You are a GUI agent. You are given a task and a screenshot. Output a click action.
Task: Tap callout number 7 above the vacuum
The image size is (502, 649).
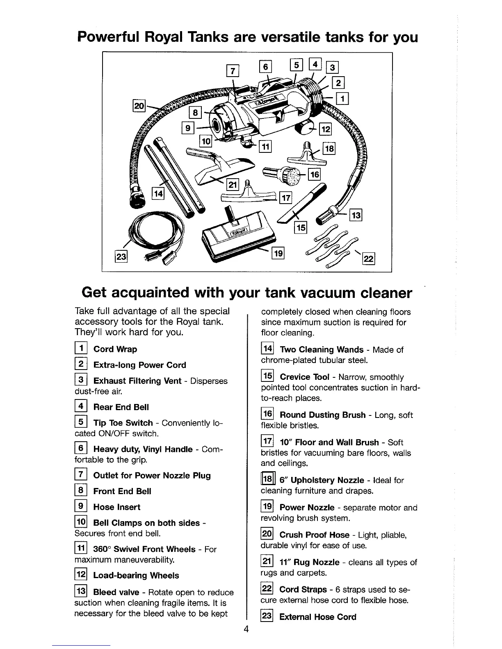click(x=233, y=71)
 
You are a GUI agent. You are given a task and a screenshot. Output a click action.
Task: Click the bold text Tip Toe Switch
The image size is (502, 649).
click(x=123, y=423)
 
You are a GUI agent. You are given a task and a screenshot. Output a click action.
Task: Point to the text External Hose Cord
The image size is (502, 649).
click(x=317, y=617)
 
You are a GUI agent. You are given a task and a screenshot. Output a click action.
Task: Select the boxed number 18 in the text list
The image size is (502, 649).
click(x=267, y=480)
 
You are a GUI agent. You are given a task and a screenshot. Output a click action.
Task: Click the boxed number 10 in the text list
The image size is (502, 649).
click(x=80, y=523)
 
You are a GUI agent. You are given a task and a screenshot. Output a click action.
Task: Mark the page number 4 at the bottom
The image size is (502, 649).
click(x=246, y=630)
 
